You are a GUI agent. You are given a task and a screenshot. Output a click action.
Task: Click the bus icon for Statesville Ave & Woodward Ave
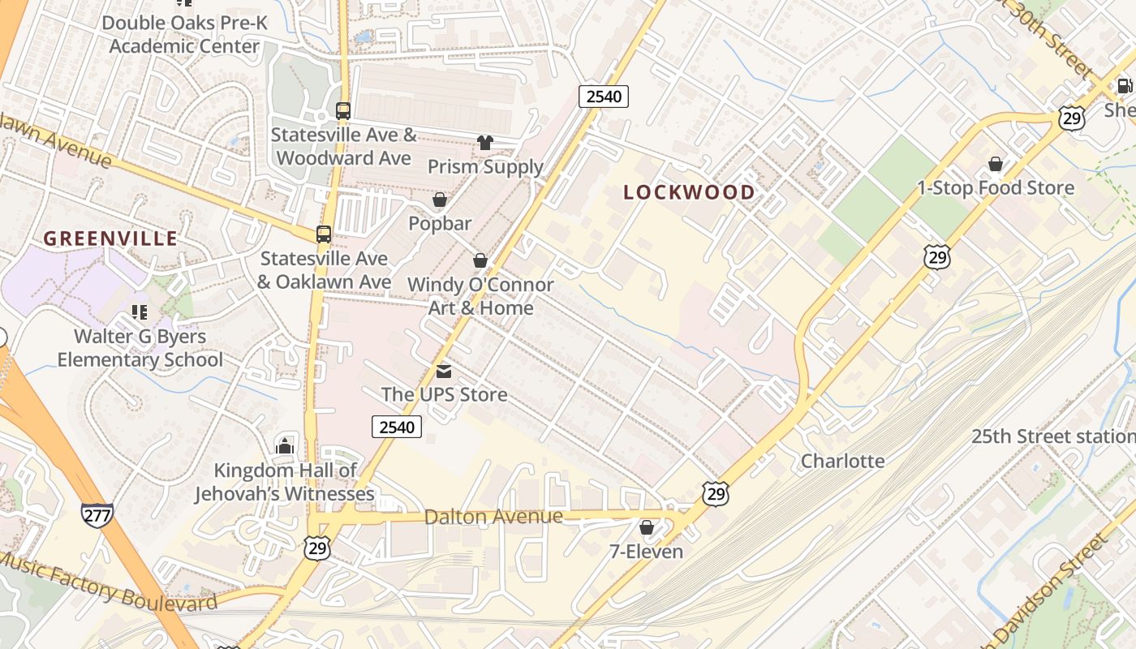pos(343,111)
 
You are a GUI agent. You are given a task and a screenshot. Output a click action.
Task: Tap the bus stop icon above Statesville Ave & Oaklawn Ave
pos(324,234)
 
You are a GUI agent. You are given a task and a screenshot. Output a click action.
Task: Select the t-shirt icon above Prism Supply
pos(485,144)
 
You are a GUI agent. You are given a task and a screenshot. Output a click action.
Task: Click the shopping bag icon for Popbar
pos(440,200)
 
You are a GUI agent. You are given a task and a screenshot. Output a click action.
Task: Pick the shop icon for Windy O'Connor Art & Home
pos(480,260)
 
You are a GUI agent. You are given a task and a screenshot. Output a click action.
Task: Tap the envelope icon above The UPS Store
pos(444,372)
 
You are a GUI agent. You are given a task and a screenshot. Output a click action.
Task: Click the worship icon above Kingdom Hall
pos(285,445)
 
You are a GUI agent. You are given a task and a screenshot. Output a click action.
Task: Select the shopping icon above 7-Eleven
pos(647,528)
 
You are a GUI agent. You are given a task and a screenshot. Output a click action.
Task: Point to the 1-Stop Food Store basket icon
pos(996,165)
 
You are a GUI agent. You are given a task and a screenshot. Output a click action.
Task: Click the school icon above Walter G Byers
pos(140,312)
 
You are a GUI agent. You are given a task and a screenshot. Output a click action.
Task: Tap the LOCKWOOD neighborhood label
pos(689,192)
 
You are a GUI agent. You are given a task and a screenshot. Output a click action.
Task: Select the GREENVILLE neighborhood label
pos(110,239)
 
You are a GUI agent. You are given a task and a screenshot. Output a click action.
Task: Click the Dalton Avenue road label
pos(493,517)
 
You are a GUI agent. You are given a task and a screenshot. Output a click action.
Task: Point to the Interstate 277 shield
pos(97,514)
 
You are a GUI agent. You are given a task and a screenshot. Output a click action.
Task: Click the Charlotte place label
pos(842,462)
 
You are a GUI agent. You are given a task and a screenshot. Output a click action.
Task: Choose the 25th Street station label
pos(1053,436)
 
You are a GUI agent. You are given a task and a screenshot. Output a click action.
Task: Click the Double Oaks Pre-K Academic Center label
pos(184,34)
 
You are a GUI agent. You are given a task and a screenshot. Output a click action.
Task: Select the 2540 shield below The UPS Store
pos(397,427)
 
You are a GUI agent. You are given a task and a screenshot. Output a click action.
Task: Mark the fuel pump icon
pos(1125,86)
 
